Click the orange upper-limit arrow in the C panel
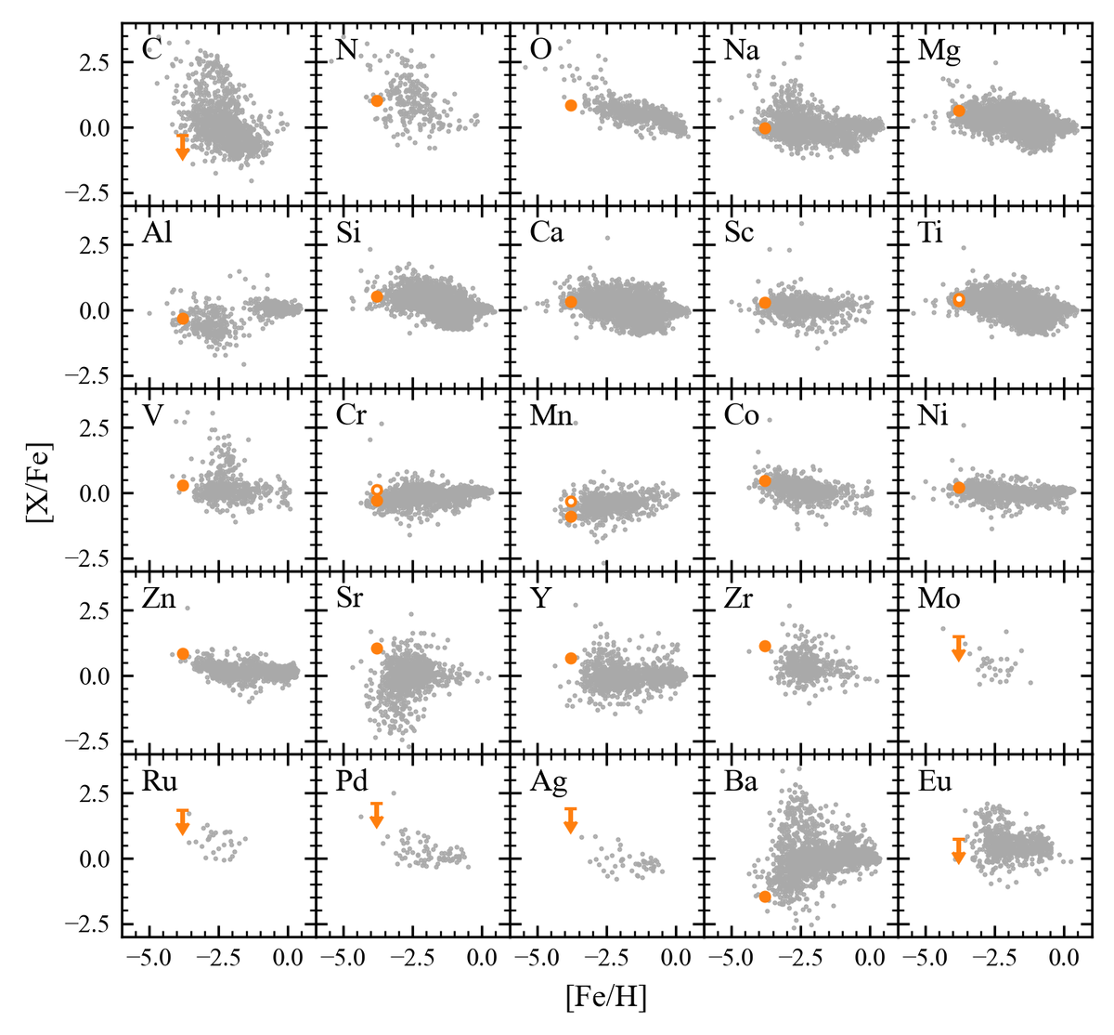point(183,147)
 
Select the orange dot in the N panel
point(377,100)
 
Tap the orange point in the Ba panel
point(765,897)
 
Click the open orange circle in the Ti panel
point(959,299)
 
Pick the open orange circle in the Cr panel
point(377,490)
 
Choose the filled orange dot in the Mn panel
point(571,517)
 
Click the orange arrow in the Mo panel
point(959,649)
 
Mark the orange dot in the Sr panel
point(377,649)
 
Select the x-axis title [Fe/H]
point(604,999)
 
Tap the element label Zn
point(159,598)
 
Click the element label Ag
point(548,782)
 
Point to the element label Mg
point(939,49)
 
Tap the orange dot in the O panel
point(571,106)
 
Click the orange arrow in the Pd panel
point(377,815)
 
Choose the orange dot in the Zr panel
point(765,646)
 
